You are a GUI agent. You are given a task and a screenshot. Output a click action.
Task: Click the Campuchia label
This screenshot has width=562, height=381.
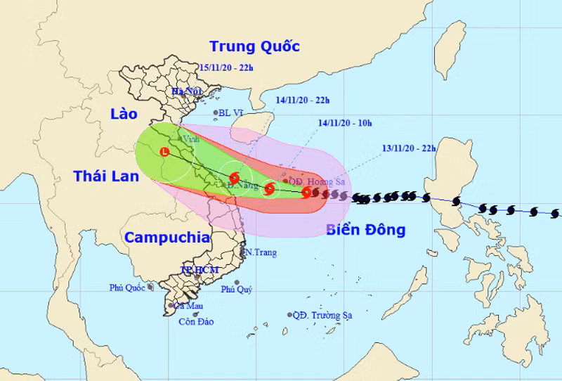tap(167, 238)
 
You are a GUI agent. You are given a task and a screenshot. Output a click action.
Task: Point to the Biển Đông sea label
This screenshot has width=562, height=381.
tap(366, 230)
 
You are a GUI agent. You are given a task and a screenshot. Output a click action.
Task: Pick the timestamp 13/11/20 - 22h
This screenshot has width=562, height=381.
tap(409, 148)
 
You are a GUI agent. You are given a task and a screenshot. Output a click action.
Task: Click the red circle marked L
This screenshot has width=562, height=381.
tap(164, 151)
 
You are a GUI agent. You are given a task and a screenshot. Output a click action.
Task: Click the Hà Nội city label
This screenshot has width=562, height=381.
tap(187, 92)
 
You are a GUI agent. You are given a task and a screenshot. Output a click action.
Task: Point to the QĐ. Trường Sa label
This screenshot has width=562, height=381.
tap(322, 316)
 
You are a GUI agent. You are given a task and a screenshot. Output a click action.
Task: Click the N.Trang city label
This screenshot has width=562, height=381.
tap(260, 252)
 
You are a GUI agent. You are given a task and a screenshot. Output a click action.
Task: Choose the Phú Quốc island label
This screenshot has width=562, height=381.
tap(127, 288)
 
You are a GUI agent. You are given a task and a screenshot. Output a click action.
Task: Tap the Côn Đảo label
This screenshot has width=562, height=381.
tap(196, 322)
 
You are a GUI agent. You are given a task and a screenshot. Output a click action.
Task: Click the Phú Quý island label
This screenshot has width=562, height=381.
tap(236, 290)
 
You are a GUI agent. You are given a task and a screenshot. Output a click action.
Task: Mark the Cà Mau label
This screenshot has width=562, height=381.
tap(188, 306)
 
